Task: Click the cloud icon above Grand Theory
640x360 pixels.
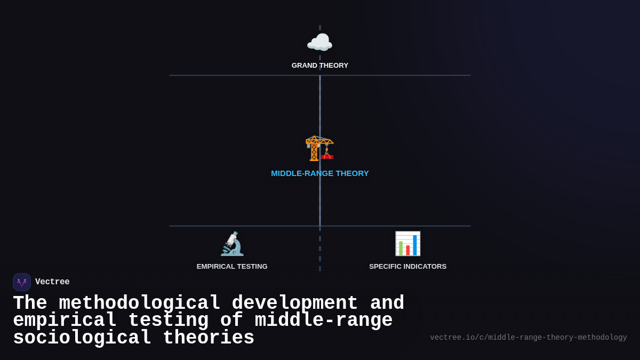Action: tap(319, 43)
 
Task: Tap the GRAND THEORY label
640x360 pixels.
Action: tap(319, 66)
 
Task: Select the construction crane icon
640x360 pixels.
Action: tap(319, 148)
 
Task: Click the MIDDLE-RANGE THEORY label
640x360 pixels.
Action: tap(319, 173)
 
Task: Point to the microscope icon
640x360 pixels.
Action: tap(232, 244)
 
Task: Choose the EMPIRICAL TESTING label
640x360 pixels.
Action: tap(232, 267)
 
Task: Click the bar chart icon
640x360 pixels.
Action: tap(407, 244)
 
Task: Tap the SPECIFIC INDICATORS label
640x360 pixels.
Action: tap(407, 267)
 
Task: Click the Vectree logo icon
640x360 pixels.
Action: tap(22, 282)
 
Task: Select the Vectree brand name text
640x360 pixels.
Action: tap(52, 282)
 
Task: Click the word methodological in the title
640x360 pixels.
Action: tap(139, 303)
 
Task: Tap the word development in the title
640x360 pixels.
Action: tap(294, 303)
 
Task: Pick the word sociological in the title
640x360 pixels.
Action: tap(82, 338)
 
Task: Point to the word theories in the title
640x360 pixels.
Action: tap(209, 338)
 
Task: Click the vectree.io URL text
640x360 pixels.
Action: tap(528, 338)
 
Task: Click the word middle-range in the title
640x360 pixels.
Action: tap(323, 321)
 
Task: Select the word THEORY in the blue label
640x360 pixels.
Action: tap(352, 173)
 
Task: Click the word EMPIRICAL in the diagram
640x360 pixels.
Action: tap(215, 267)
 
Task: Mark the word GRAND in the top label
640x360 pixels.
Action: tap(305, 66)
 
